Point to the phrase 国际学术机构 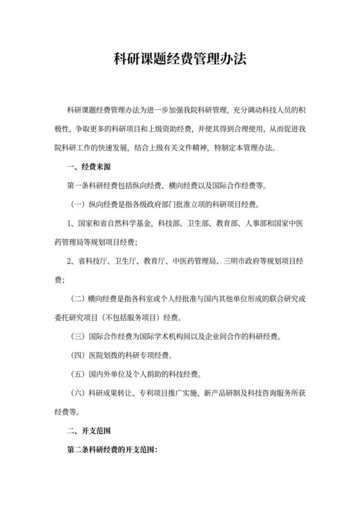click(169, 336)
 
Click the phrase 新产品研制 click(226, 392)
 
